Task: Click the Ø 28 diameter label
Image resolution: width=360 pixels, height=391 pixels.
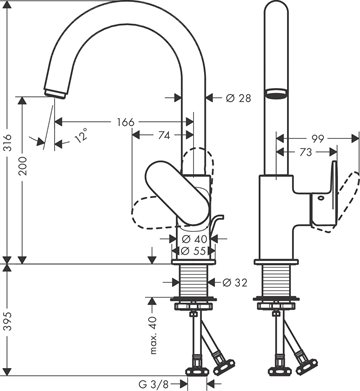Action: (x=238, y=98)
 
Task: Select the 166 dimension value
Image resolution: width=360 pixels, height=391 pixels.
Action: (x=126, y=122)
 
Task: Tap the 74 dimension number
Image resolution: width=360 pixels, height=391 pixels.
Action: (x=163, y=135)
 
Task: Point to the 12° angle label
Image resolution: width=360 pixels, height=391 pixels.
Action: (x=81, y=135)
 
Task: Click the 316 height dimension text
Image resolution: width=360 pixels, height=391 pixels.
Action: (x=8, y=142)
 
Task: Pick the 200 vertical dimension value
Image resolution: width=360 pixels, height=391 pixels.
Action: (x=24, y=166)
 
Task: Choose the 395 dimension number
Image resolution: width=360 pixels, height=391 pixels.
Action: (x=8, y=321)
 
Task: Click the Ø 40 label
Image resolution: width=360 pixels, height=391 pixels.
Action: (x=195, y=239)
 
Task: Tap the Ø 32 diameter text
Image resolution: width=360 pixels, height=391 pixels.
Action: (x=235, y=283)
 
